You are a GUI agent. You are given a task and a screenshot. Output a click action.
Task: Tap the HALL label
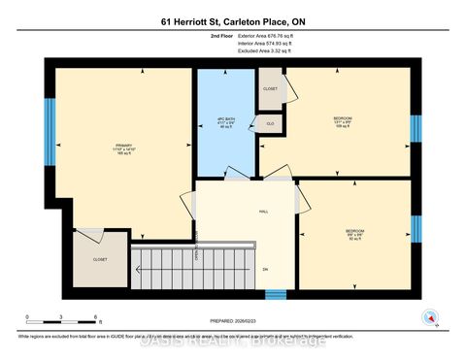[x=262, y=212]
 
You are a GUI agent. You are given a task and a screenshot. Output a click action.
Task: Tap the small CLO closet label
[x=271, y=123]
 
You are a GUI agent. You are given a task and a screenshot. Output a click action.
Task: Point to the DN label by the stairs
[x=264, y=269]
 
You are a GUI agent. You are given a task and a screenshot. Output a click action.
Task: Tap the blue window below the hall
[x=276, y=294]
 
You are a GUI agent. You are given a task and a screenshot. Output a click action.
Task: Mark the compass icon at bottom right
[x=428, y=316]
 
